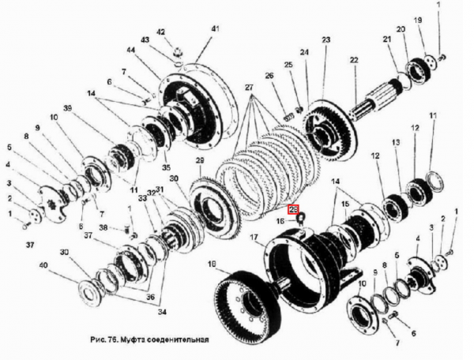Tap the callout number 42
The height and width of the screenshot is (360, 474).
pos(160,32)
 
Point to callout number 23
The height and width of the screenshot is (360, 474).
pos(325,39)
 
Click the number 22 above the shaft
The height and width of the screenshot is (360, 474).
pos(355,60)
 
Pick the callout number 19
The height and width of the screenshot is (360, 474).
pos(417,19)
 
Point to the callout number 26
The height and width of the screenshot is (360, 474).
pos(269,76)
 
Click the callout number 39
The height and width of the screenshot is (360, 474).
pos(68,107)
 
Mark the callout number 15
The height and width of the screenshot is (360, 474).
pos(344,204)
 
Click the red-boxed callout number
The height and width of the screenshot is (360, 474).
pos(294,209)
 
